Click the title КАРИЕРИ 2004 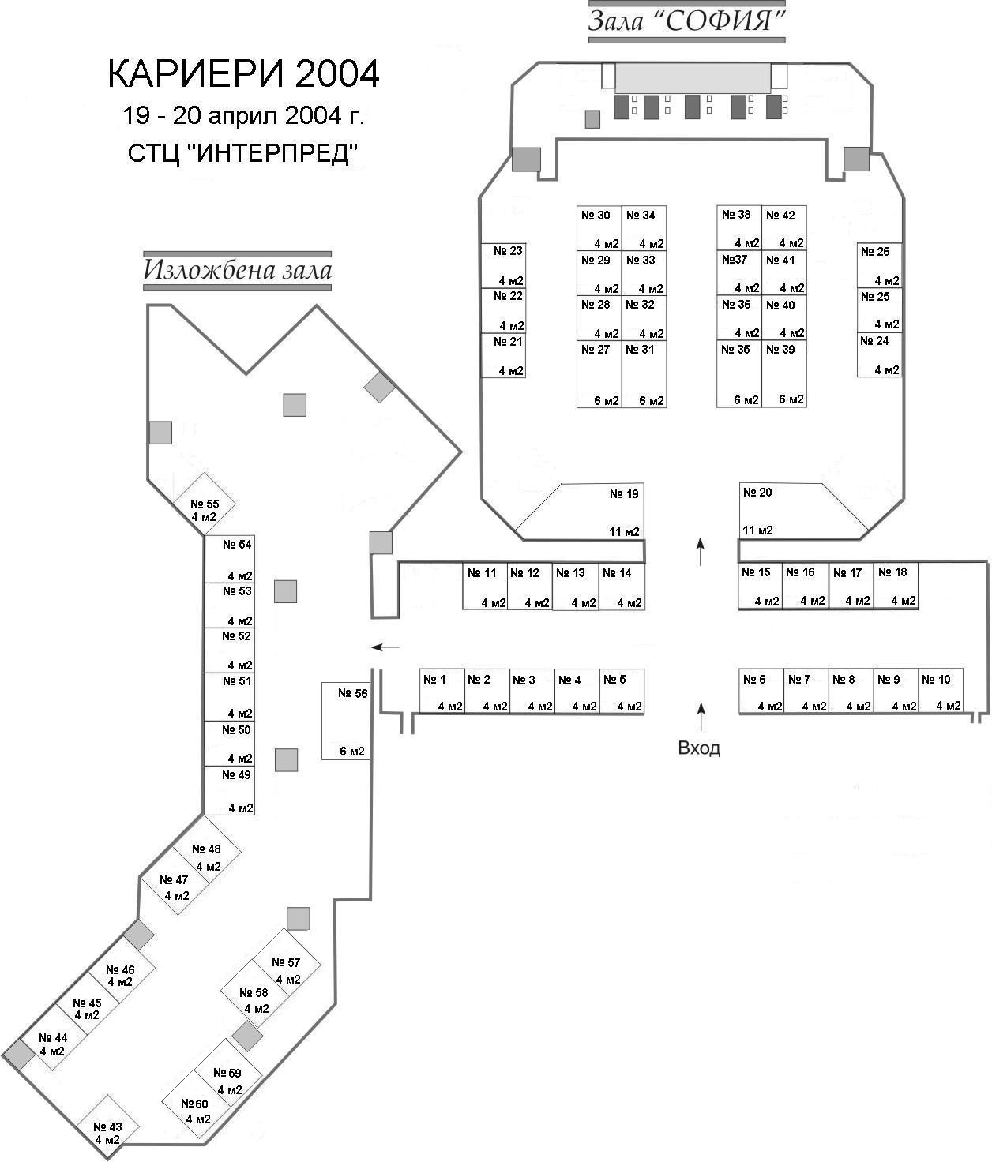pyautogui.click(x=243, y=73)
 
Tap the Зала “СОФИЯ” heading pyautogui.click(x=686, y=21)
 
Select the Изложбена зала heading pyautogui.click(x=237, y=271)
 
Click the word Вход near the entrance pyautogui.click(x=699, y=748)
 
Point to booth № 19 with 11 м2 pyautogui.click(x=596, y=512)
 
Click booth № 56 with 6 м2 pyautogui.click(x=346, y=722)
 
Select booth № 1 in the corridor pyautogui.click(x=442, y=692)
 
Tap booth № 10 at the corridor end pyautogui.click(x=941, y=692)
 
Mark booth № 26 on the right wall pyautogui.click(x=880, y=265)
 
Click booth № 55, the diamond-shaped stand pyautogui.click(x=204, y=504)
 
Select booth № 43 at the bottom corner pyautogui.click(x=107, y=1126)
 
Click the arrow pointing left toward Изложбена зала pyautogui.click(x=385, y=647)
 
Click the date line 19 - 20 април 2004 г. pyautogui.click(x=243, y=116)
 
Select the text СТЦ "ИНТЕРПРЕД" pyautogui.click(x=243, y=153)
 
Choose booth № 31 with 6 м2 pyautogui.click(x=644, y=374)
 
